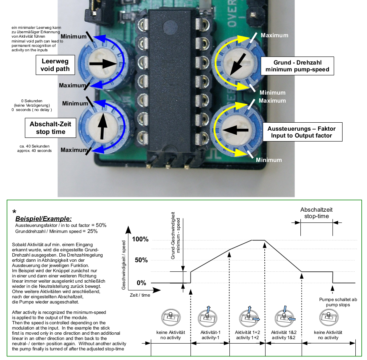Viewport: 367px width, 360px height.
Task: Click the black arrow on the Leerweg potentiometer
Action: pyautogui.click(x=103, y=63)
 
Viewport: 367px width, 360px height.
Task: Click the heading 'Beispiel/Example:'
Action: pyautogui.click(x=43, y=219)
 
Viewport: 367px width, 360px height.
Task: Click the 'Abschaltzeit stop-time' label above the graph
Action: pyautogui.click(x=316, y=213)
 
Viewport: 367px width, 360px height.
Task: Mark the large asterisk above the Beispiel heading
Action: pyautogui.click(x=14, y=212)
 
